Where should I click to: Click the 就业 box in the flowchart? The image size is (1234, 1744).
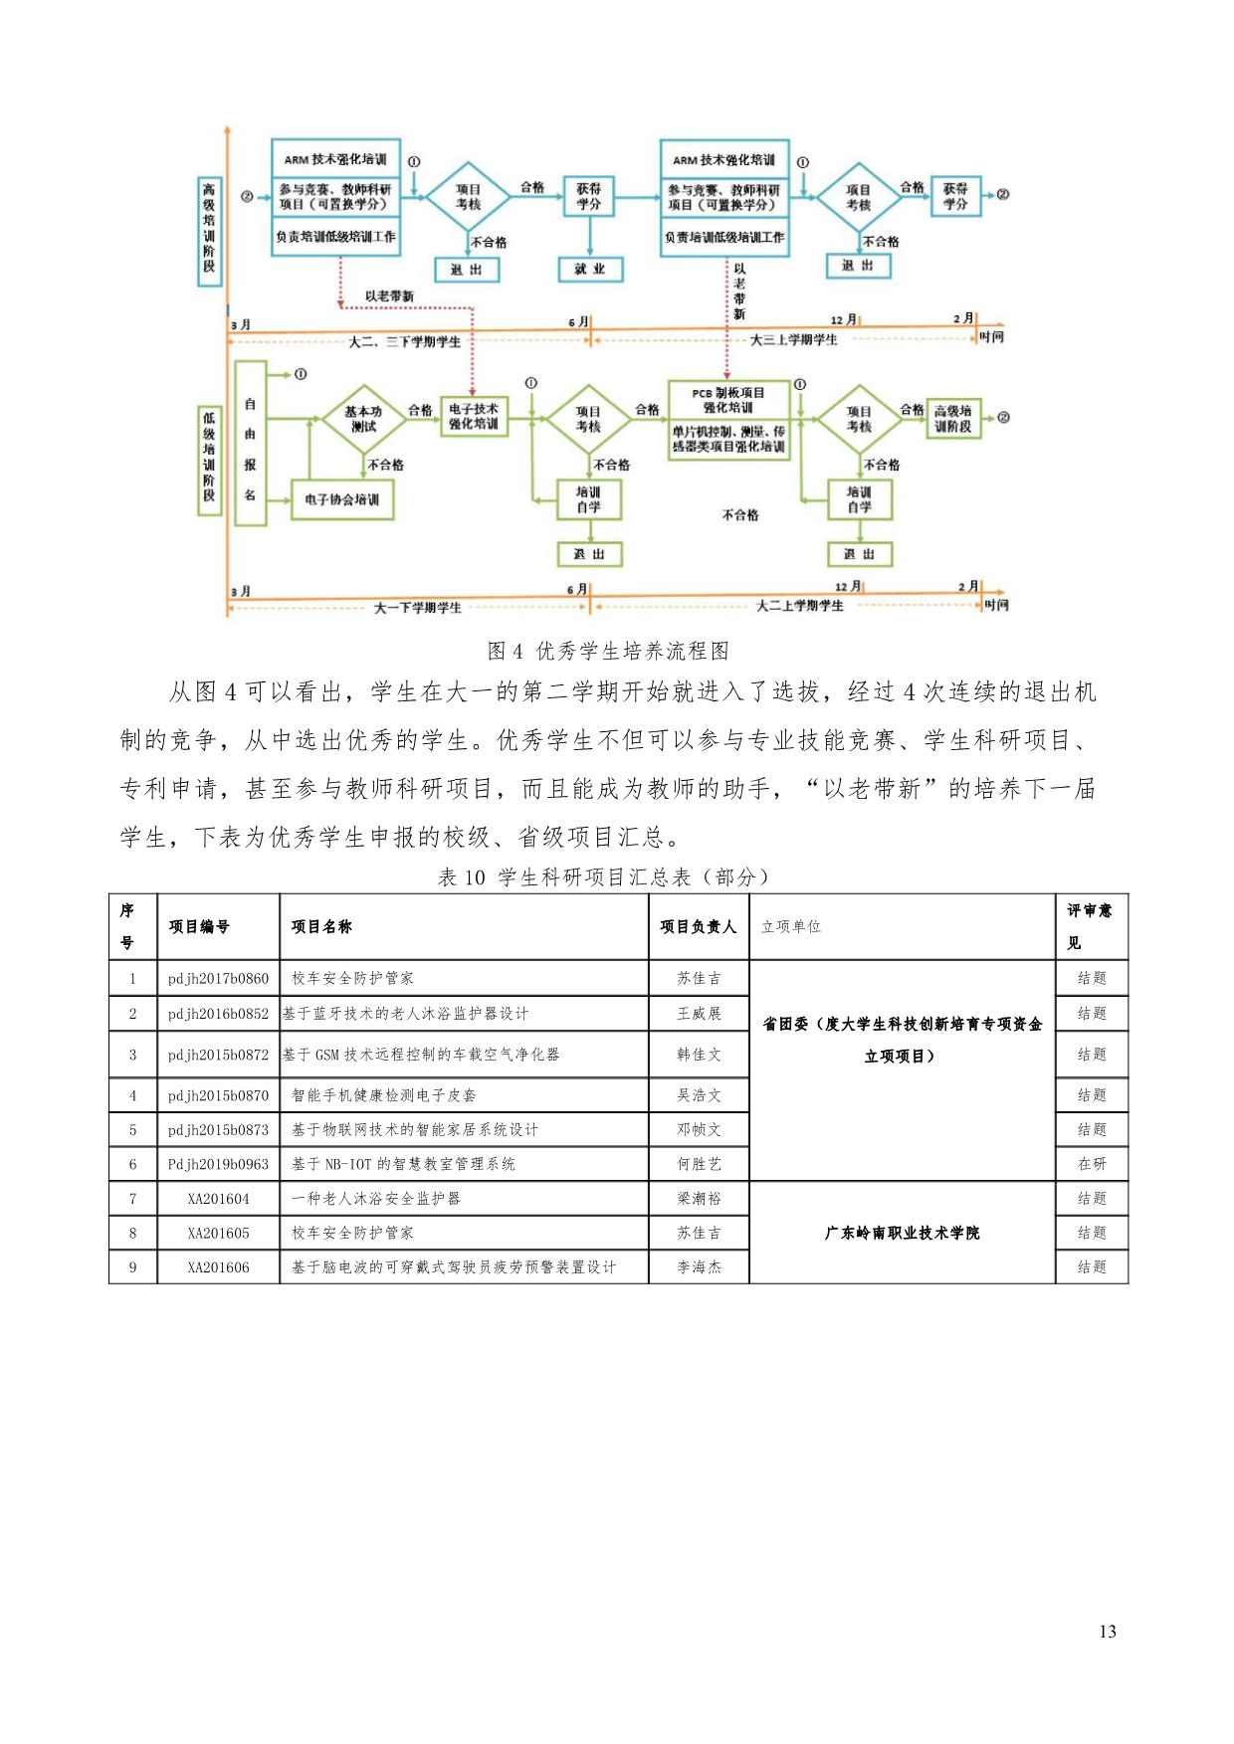point(590,269)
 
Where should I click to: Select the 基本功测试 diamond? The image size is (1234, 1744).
point(363,419)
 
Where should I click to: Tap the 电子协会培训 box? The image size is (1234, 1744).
point(341,499)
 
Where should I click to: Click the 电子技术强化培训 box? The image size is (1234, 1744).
point(473,417)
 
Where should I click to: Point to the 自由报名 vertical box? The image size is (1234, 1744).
point(250,444)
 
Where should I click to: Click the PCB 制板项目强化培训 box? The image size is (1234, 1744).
point(728,420)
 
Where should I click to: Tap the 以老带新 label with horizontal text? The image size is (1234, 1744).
point(388,296)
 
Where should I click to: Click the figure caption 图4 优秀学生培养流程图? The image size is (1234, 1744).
point(608,651)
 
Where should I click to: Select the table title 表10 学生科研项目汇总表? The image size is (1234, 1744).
point(604,876)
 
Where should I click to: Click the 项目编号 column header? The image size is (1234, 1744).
point(199,926)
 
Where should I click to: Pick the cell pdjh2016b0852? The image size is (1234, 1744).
point(218,1014)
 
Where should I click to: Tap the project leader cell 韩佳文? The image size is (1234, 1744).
point(699,1055)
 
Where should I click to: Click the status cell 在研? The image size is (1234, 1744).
point(1092,1164)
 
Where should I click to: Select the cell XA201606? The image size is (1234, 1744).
point(218,1267)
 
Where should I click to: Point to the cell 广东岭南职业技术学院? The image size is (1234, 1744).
point(902,1233)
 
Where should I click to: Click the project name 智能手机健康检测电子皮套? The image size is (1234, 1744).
point(383,1095)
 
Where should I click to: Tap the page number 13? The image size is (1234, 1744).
point(1108,1632)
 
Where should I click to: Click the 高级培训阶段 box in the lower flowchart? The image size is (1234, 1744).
point(952,418)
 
